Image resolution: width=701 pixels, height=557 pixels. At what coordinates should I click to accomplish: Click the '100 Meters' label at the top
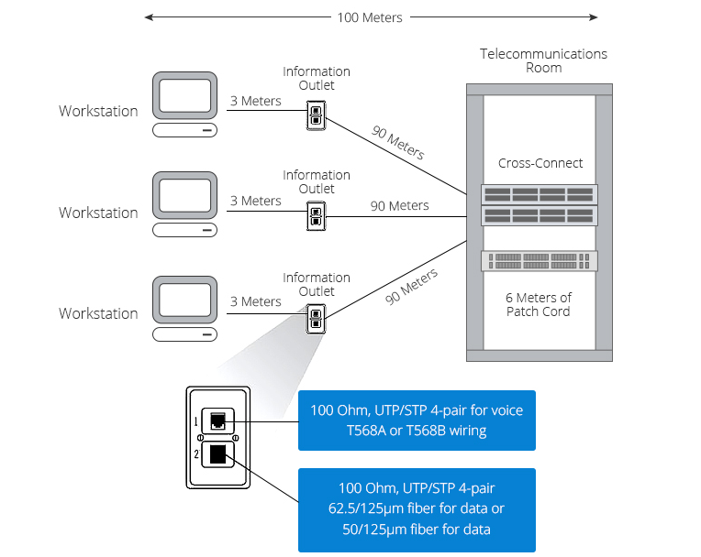coord(370,17)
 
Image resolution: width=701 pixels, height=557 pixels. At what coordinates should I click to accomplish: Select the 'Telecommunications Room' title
coord(543,60)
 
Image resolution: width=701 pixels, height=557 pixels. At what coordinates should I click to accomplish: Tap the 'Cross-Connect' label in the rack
coord(540,163)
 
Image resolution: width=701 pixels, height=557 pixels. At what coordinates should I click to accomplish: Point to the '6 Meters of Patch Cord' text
coord(539,304)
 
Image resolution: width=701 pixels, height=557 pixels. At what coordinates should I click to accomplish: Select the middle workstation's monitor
coord(185,197)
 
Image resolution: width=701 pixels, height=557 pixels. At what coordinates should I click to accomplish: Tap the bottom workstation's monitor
coord(185,300)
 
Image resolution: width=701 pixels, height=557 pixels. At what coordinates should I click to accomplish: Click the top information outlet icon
coord(315,115)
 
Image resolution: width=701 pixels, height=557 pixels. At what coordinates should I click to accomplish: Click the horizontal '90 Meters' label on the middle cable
coord(399,206)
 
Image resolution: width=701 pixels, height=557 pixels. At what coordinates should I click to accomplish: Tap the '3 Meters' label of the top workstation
coord(255,101)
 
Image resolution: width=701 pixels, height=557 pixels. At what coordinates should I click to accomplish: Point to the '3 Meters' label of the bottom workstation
coord(255,301)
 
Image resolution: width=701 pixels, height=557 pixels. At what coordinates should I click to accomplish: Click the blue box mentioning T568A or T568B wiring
coord(417,420)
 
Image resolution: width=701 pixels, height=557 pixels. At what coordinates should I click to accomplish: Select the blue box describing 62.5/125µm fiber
coord(417,509)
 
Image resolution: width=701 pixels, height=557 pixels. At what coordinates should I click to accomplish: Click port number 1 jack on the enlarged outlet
coord(217,420)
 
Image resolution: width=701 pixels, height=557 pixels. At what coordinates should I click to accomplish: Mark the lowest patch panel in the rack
coord(540,261)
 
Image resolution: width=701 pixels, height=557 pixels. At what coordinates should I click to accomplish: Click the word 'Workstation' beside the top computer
coord(98,111)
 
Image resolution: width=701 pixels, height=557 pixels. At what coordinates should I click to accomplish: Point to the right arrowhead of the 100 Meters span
coord(594,17)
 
